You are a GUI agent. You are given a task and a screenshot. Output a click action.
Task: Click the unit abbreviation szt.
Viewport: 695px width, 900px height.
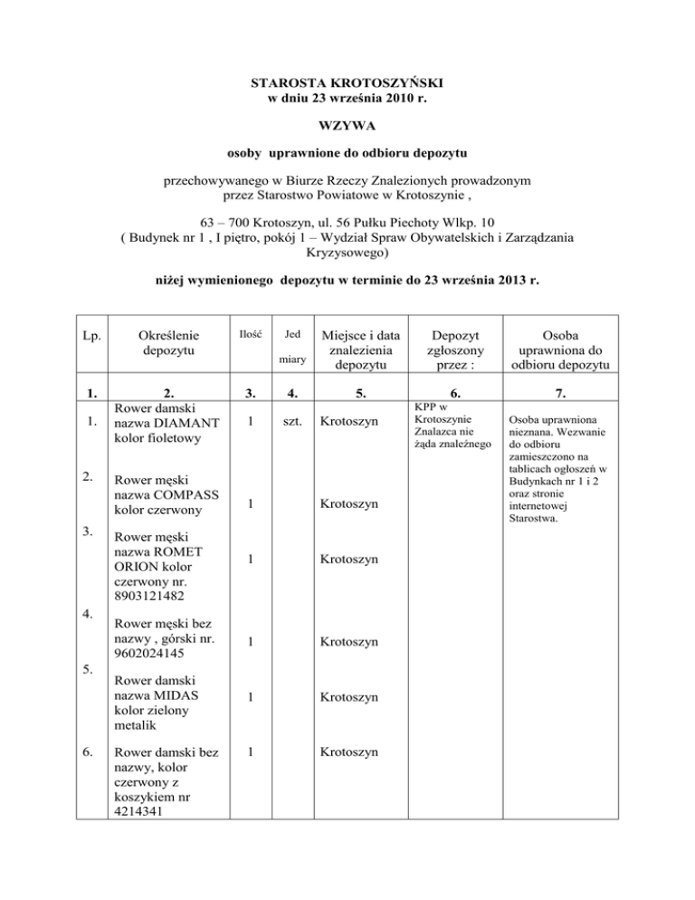tap(292, 422)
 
